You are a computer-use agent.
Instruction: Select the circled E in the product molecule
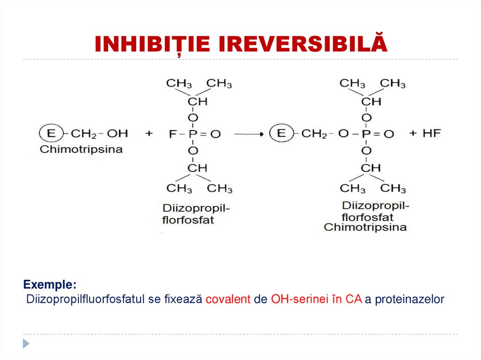coord(281,133)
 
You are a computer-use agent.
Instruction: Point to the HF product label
coord(432,133)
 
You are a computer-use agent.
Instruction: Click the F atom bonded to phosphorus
coord(172,134)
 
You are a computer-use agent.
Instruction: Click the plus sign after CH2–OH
coord(149,134)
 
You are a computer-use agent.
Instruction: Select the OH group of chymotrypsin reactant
coord(117,134)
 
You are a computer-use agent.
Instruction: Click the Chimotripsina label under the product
coord(365,227)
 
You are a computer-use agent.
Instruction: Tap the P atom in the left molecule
coord(193,134)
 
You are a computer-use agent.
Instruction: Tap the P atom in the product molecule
coord(366,134)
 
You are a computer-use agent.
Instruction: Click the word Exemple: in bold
coord(49,285)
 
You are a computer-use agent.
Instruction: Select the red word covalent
coord(228,299)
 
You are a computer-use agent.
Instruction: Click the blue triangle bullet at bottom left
coord(26,343)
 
